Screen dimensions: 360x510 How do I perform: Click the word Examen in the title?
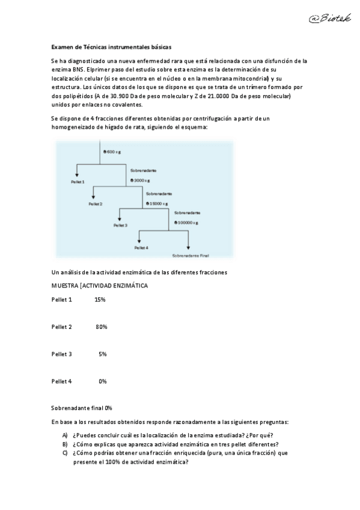point(61,46)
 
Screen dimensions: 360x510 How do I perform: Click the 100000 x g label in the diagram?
point(186,223)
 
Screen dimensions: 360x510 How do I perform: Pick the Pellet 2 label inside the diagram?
point(96,204)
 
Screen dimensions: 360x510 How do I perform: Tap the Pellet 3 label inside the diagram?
point(120,226)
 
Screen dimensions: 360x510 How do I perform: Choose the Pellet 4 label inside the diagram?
point(141,247)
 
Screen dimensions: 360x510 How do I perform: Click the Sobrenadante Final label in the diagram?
point(190,255)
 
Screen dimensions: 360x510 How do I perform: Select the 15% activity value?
point(100,300)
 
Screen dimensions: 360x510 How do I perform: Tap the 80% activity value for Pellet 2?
point(101,327)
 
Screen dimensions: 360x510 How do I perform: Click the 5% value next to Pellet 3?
point(103,354)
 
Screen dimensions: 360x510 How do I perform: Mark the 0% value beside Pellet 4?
point(103,381)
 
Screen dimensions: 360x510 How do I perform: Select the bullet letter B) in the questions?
point(65,444)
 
